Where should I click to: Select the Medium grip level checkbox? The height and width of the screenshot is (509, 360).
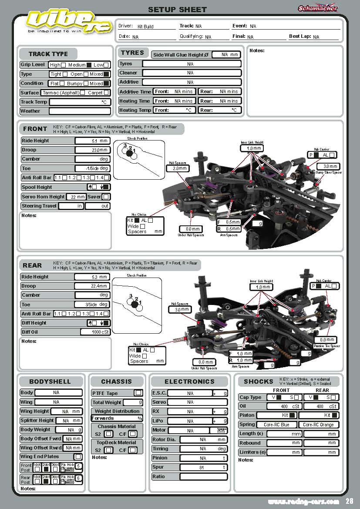tap(89, 65)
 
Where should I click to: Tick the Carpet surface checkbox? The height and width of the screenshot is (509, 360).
tap(107, 93)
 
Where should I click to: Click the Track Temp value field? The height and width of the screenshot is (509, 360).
tap(79, 102)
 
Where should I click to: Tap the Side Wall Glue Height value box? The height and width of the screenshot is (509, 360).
tap(226, 55)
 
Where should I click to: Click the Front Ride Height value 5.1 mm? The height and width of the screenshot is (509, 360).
tap(92, 141)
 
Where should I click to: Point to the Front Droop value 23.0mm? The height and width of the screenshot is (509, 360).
tap(92, 150)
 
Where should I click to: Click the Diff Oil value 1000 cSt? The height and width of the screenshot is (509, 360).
tap(94, 332)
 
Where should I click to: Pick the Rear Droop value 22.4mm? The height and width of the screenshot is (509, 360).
tap(92, 286)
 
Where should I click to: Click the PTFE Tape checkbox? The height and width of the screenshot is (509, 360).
tap(138, 393)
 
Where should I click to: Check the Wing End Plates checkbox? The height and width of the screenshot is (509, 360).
tap(77, 457)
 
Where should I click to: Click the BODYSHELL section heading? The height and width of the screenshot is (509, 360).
tap(50, 382)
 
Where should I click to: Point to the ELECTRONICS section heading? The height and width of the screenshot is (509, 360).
tap(189, 382)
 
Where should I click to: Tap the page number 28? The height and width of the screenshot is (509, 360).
tap(350, 501)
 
